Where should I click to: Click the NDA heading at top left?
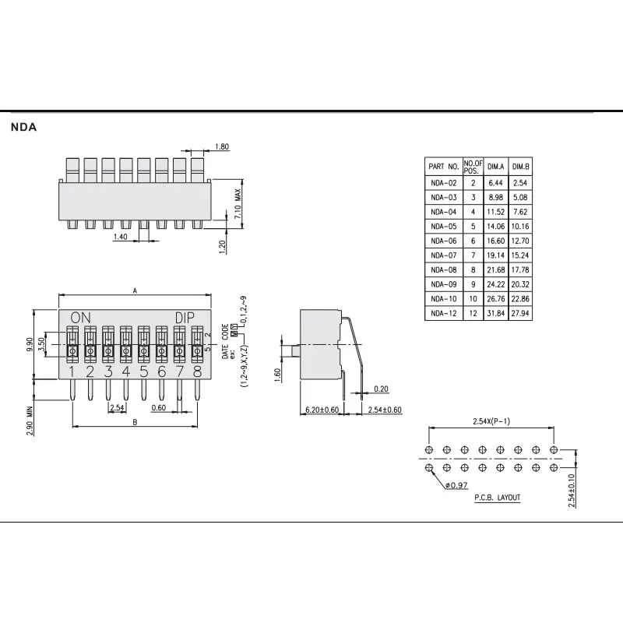pos(23,127)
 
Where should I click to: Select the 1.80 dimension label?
pos(222,146)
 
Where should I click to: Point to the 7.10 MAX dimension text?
pos(238,204)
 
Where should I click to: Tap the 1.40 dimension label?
pos(120,237)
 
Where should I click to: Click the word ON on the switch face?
pos(81,318)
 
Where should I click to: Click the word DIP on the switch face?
pos(185,318)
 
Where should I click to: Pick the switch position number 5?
pos(144,372)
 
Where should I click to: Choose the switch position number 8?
pos(197,372)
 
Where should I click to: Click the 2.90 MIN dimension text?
pos(30,421)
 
